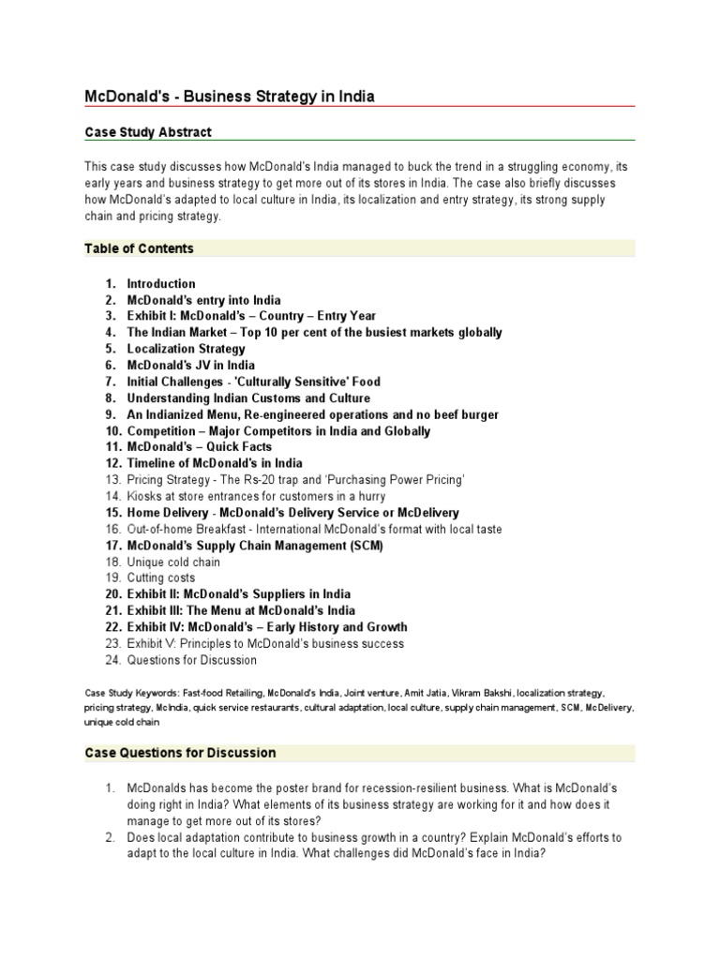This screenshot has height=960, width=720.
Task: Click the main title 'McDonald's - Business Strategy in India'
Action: tap(231, 97)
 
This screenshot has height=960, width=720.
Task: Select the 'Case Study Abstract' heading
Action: tap(148, 132)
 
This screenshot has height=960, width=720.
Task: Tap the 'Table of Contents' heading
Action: tap(139, 248)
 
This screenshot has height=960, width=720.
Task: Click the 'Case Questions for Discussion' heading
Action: tap(180, 753)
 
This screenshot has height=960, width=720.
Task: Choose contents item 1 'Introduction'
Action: tap(161, 283)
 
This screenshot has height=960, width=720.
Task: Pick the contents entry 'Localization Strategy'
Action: tap(187, 349)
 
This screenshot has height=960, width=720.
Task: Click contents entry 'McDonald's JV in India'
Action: tap(191, 365)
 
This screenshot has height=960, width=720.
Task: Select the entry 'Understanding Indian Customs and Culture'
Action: tap(248, 398)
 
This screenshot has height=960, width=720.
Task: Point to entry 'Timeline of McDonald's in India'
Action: tap(215, 463)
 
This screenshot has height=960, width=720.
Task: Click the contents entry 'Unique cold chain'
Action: tap(173, 562)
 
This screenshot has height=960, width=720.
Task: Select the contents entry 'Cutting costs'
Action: tap(161, 578)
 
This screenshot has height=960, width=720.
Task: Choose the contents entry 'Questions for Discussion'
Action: tap(191, 660)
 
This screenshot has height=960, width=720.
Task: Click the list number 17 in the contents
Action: tap(112, 546)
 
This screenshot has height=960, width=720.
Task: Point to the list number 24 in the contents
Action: tap(112, 660)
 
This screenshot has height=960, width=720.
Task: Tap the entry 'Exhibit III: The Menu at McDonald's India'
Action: tap(241, 611)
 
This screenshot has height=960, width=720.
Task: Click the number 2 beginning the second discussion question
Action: tap(110, 837)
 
